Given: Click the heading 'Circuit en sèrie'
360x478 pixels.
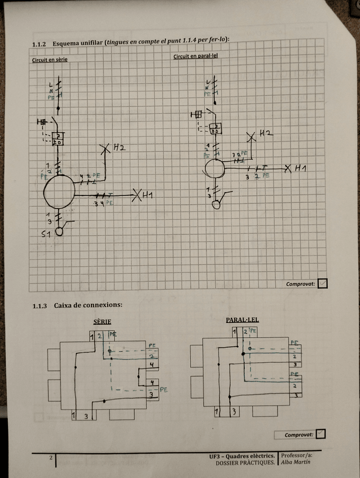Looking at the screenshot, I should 50,59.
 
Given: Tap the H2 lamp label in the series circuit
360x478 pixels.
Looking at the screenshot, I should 119,148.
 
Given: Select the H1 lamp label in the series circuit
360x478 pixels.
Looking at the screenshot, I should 149,195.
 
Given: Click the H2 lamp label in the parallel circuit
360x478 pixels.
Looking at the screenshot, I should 266,133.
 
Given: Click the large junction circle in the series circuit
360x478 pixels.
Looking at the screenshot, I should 59,191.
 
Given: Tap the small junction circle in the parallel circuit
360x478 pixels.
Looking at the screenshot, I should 214,167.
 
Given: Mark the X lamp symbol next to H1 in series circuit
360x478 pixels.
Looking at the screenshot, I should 136,196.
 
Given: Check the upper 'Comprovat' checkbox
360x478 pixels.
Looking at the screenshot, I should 322,284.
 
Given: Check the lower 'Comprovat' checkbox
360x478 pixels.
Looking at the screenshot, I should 321,434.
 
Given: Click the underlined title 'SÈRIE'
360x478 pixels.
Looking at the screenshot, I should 102,322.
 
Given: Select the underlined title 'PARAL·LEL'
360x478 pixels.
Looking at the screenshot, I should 242,320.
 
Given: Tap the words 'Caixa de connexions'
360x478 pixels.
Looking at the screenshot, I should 88,306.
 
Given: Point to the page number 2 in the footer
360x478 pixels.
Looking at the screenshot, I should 51,457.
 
